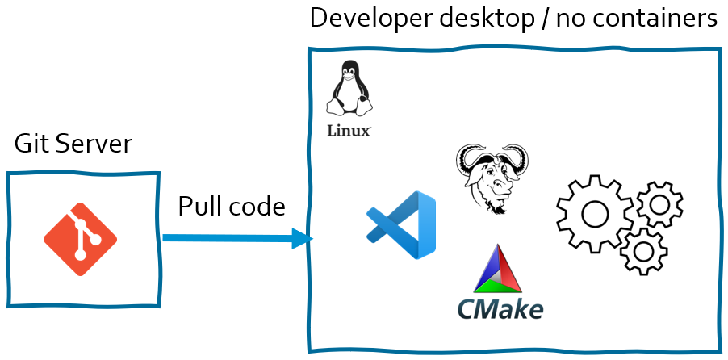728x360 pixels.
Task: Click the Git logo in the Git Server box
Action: click(80, 239)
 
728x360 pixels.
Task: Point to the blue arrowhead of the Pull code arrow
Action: click(302, 239)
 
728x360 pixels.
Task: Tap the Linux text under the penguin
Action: click(349, 131)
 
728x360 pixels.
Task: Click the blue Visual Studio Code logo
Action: click(403, 225)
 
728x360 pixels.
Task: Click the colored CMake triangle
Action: click(497, 270)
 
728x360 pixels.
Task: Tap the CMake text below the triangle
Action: click(500, 308)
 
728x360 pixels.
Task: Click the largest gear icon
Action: click(595, 214)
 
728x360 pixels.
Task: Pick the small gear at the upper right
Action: click(659, 204)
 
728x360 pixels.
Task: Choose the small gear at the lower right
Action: click(643, 251)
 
